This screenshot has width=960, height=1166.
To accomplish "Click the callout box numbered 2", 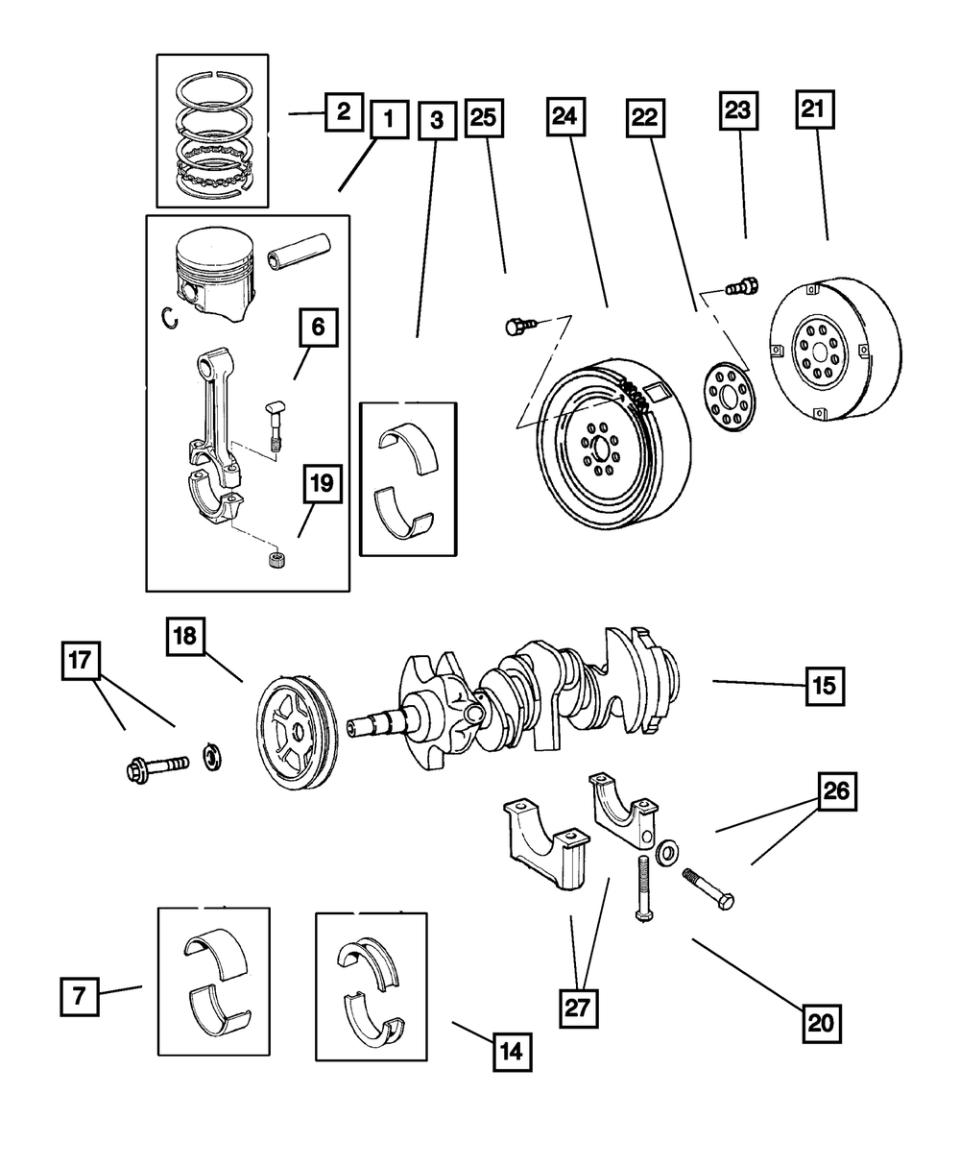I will point(343,112).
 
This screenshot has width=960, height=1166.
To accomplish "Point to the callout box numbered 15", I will point(825,686).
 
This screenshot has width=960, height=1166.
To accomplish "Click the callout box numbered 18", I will point(184,636).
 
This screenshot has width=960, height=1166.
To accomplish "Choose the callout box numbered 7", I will point(80,996).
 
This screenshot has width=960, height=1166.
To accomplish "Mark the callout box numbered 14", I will point(512,1051).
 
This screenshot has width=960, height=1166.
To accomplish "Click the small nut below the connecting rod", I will point(276,559).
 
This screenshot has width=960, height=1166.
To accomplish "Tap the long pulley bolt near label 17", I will point(159,767).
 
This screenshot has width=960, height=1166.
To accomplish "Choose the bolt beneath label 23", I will point(742,285).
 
